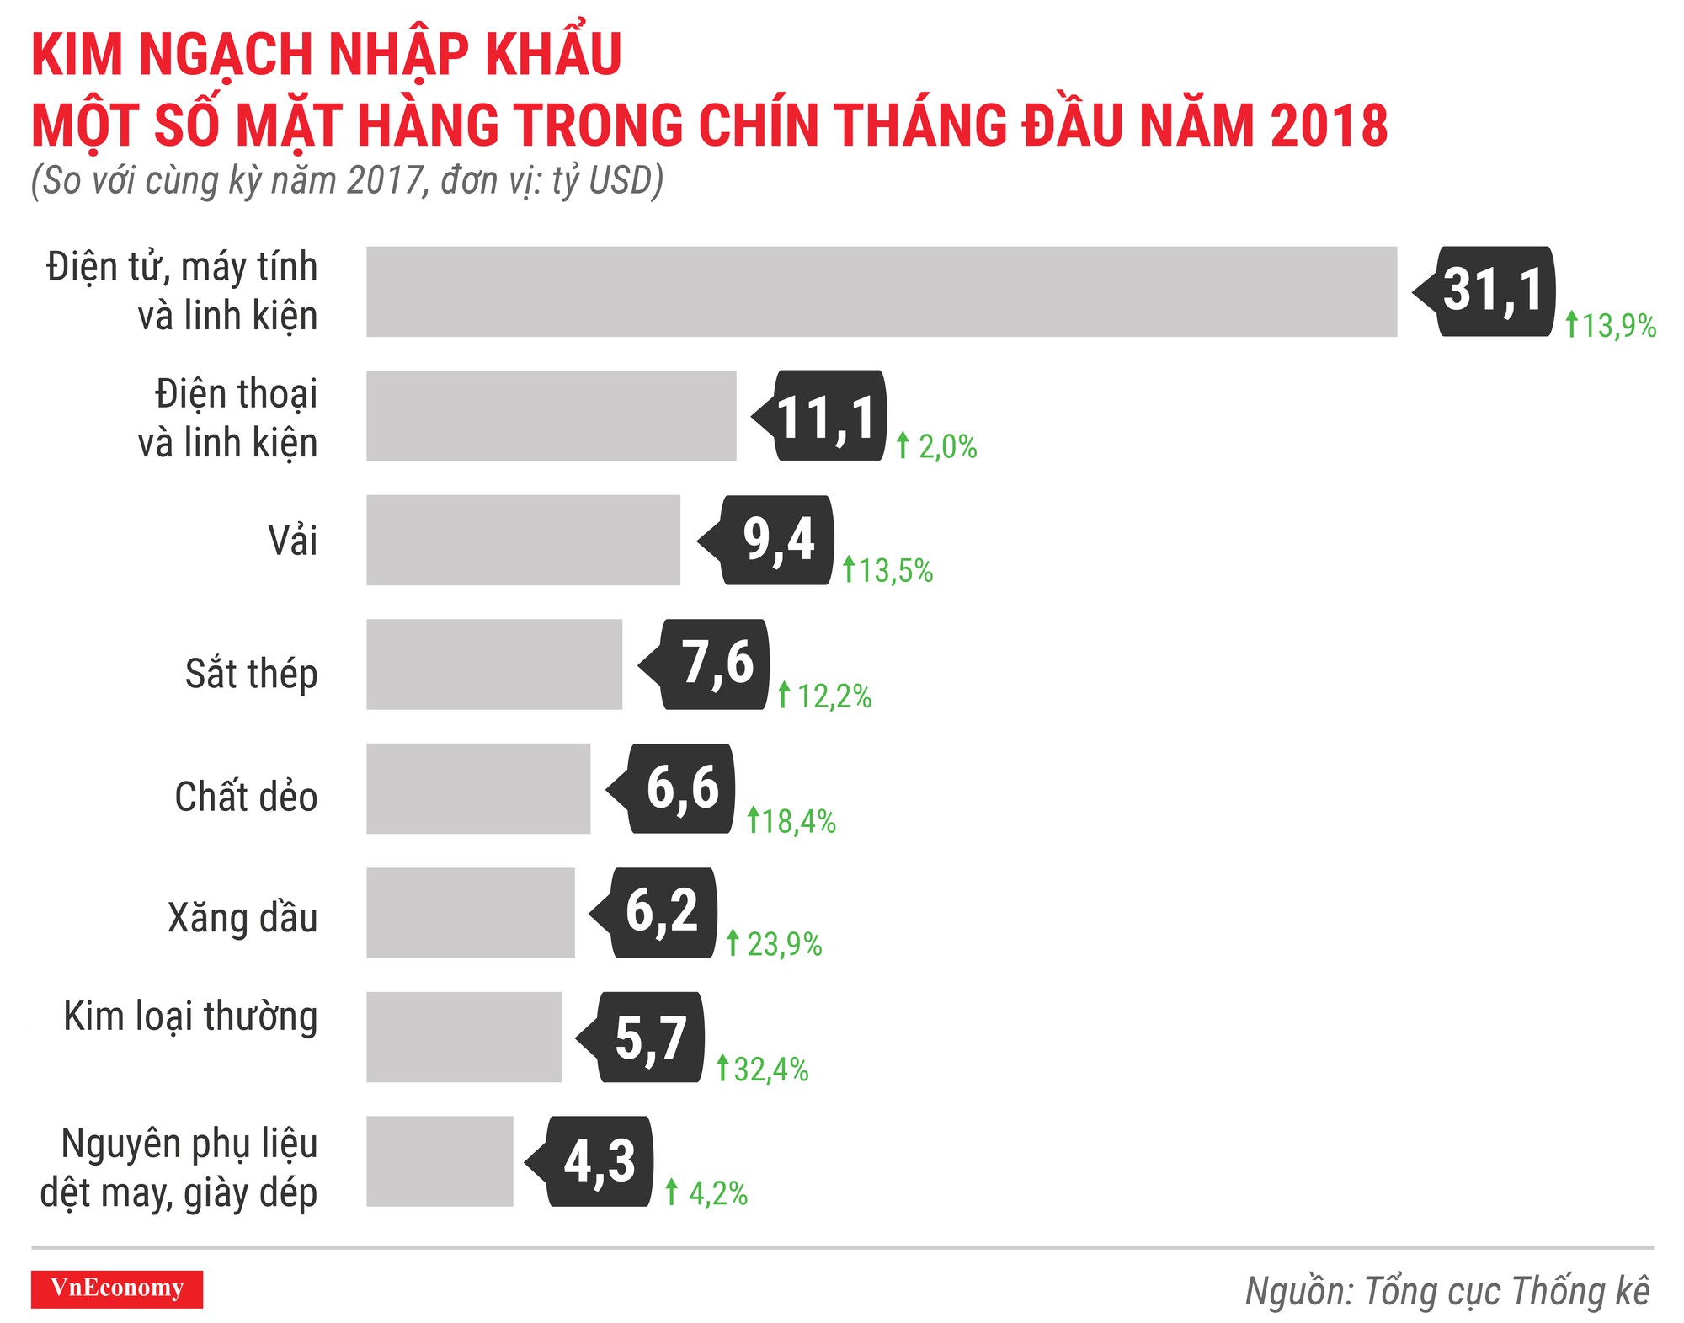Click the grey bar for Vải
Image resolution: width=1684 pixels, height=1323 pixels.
523,540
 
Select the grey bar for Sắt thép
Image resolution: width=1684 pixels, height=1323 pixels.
494,664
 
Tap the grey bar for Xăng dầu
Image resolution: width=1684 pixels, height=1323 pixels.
471,913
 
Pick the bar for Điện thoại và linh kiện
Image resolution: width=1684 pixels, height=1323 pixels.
552,416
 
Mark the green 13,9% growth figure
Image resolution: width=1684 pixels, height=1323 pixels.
1612,325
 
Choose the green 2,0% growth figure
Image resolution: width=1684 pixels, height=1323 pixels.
937,446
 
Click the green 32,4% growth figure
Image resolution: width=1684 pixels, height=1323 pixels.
763,1070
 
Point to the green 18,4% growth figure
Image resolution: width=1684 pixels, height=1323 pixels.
791,821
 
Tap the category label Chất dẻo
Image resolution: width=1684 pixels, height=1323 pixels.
246,797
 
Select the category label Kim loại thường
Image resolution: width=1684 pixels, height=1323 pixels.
190,1016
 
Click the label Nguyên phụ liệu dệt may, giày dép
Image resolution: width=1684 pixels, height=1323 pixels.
179,1168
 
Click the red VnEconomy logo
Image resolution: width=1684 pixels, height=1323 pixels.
117,1288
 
